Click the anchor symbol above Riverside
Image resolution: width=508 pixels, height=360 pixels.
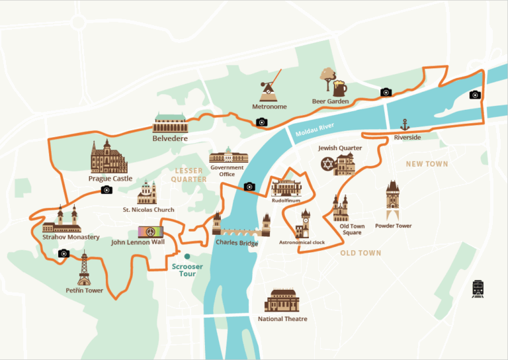(x=405, y=124)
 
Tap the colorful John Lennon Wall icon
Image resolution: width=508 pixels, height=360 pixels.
(x=150, y=232)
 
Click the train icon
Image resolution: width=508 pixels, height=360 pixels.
(x=478, y=289)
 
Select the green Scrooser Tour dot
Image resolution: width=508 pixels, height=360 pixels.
(x=187, y=256)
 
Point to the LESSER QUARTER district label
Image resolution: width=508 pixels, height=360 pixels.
(x=189, y=175)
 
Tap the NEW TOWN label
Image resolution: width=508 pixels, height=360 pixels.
(x=427, y=163)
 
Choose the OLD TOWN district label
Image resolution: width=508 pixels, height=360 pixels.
(x=360, y=253)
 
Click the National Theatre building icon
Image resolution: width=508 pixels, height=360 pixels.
(x=282, y=300)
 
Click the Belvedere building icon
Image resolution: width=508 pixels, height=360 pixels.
(x=170, y=122)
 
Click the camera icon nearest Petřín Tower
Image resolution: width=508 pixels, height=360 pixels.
(x=63, y=253)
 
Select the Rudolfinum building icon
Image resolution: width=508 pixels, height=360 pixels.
(x=286, y=187)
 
